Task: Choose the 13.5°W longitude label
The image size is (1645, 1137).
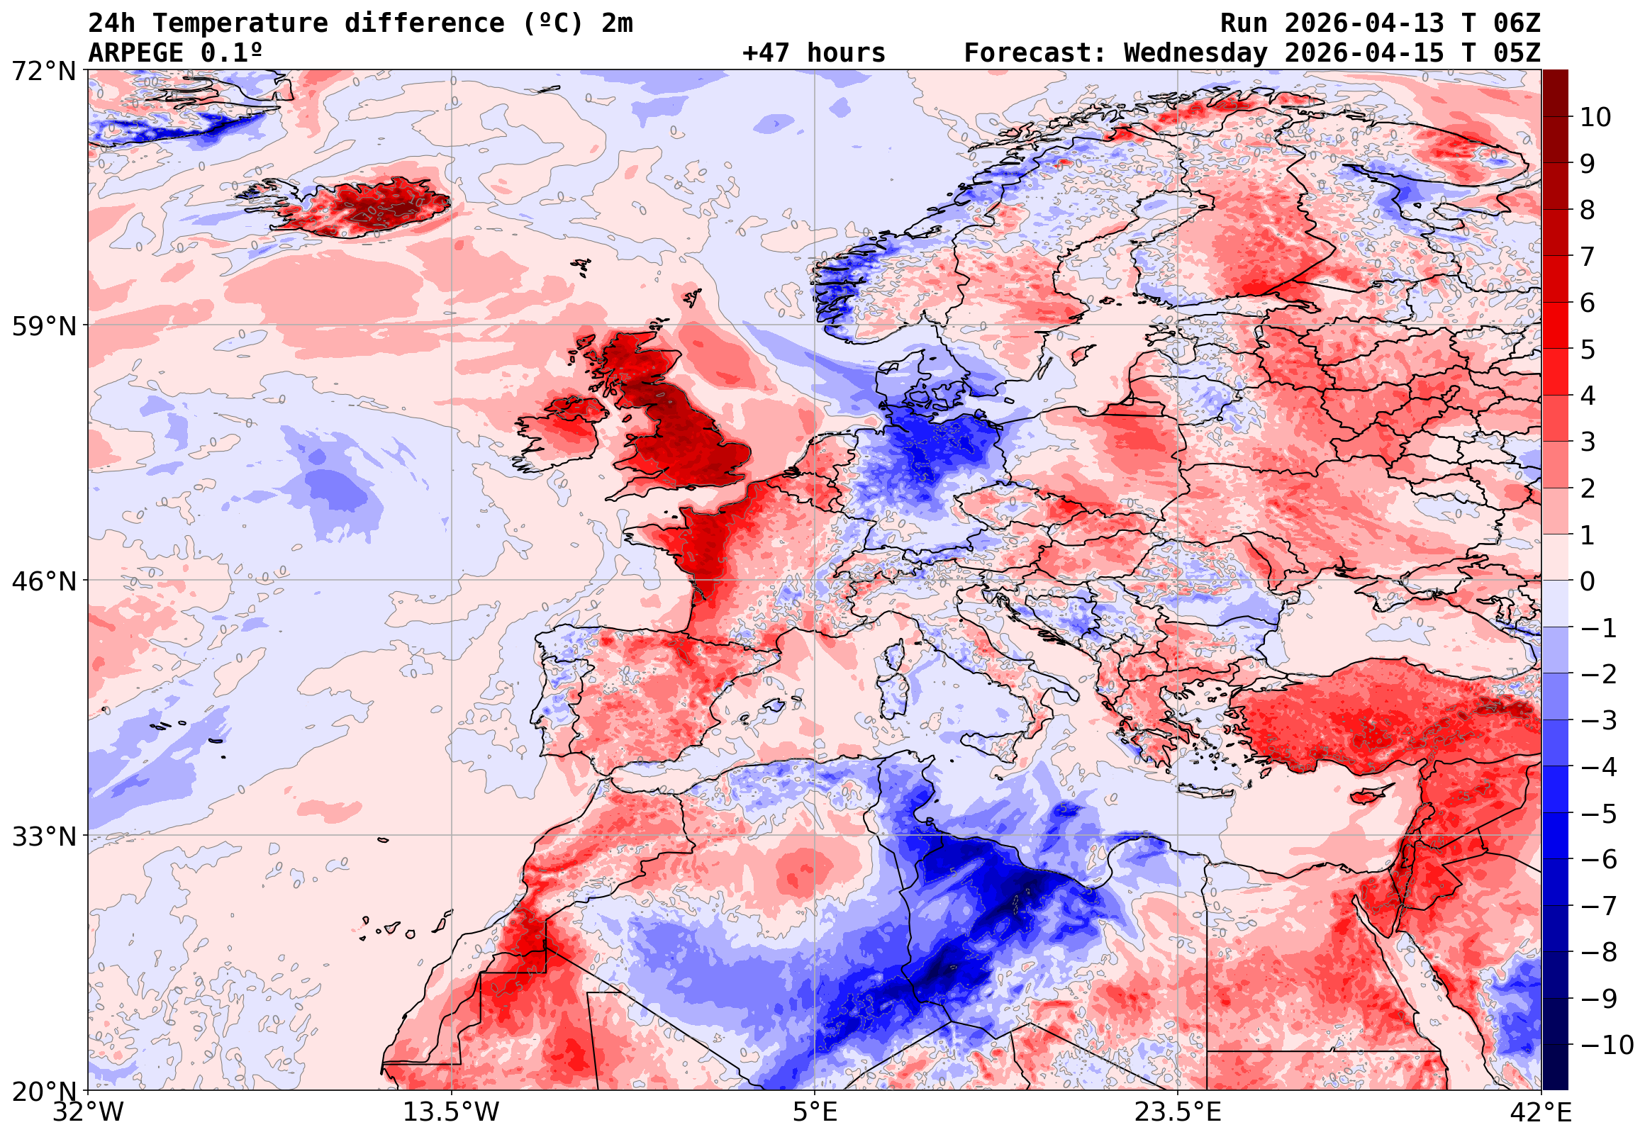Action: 452,1112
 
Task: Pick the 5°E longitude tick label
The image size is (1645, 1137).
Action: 814,1112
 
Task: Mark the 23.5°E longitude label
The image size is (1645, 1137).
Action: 1178,1112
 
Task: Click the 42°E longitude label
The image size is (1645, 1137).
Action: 1540,1112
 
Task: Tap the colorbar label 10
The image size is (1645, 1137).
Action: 1595,118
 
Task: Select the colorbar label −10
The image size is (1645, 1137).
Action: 1607,1045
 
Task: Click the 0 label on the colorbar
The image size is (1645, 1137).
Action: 1588,581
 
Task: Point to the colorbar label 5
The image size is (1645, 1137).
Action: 1588,349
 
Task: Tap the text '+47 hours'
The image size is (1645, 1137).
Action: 813,53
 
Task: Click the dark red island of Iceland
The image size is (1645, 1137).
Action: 363,206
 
